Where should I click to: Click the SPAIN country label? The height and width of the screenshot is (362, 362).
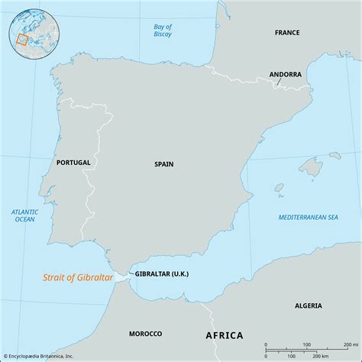tap(163, 163)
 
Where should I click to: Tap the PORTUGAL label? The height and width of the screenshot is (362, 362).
tap(73, 163)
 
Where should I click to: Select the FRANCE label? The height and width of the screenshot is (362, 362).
tap(289, 33)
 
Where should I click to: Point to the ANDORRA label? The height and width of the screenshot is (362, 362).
tap(286, 74)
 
